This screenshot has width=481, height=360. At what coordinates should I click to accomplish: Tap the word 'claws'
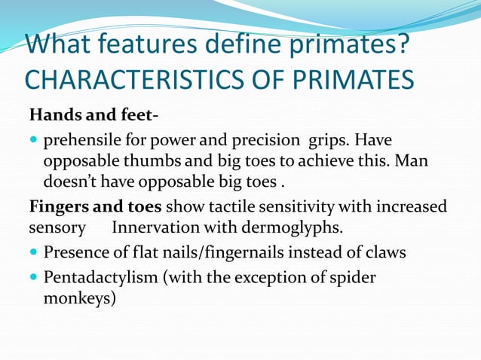coord(385,252)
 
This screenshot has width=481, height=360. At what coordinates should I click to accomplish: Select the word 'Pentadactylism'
coord(98,277)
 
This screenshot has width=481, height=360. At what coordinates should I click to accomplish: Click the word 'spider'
coord(354,277)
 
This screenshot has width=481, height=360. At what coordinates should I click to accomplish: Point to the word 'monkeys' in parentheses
coord(75,298)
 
